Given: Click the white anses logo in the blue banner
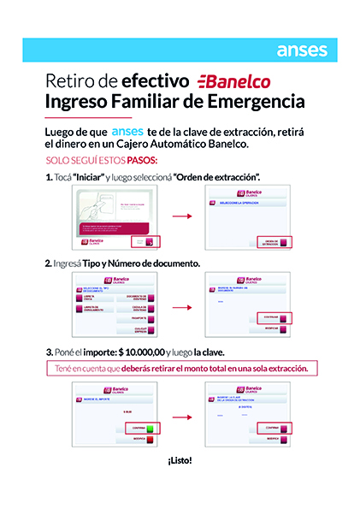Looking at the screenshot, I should [x=302, y=50].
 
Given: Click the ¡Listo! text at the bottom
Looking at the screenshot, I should [x=180, y=460].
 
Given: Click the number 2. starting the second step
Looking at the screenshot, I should [x=48, y=263].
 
